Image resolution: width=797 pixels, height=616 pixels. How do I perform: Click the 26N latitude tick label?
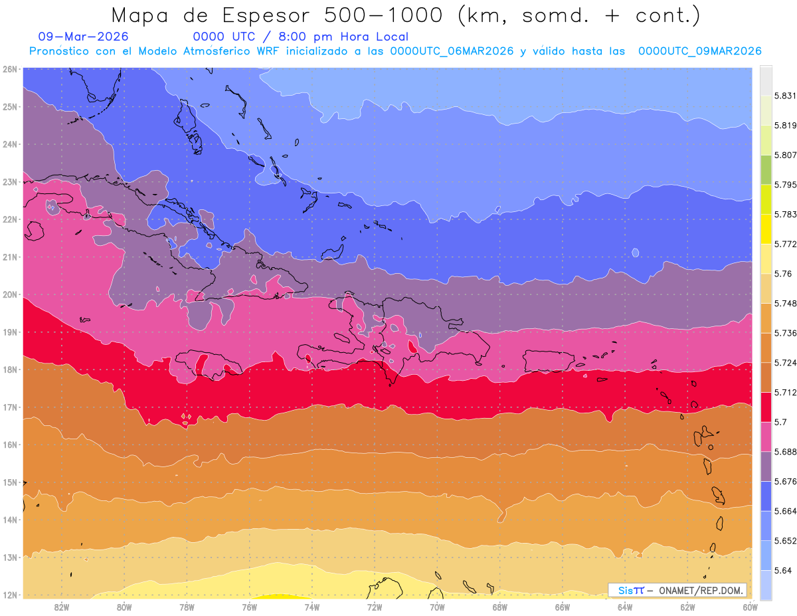[x=9, y=69]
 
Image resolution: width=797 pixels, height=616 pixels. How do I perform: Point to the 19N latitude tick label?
[x=9, y=332]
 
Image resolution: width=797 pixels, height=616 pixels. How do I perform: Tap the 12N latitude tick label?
[x=9, y=595]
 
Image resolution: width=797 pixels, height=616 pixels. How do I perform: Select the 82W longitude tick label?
[x=62, y=607]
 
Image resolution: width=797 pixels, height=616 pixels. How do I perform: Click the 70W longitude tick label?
[x=437, y=607]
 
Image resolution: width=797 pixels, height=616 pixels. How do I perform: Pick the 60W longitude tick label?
[x=750, y=607]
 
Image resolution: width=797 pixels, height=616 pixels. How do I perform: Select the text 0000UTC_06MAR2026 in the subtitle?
[x=452, y=51]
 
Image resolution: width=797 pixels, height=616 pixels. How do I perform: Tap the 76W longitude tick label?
[x=250, y=607]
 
